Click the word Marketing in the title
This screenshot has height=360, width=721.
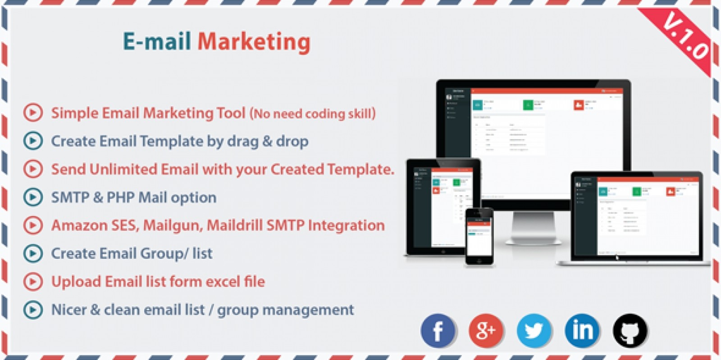254,42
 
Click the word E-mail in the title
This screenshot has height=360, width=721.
157,42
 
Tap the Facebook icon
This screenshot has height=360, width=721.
438,331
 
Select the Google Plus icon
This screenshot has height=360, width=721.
486,331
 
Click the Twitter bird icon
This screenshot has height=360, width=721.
534,331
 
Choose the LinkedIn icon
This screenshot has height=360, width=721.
582,331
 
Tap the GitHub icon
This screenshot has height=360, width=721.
630,331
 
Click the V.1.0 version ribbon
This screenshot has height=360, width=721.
685,39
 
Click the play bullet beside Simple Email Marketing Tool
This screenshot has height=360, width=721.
33,112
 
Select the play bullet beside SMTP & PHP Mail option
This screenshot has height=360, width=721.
33,197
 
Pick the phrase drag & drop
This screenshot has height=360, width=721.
268,141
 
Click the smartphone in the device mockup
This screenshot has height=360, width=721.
479,236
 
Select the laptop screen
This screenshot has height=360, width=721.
636,216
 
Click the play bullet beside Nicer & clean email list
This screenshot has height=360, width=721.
33,310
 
